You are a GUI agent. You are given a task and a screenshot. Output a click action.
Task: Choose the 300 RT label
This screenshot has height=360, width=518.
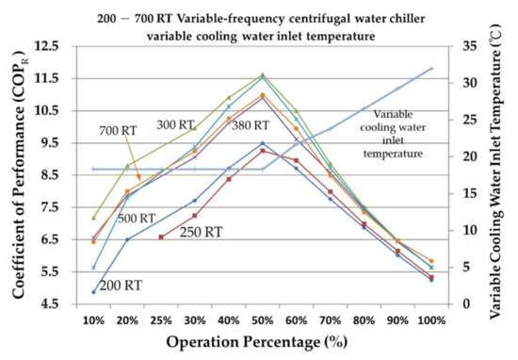coord(176,124)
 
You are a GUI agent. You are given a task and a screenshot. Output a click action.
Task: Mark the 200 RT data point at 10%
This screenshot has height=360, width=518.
coord(93,292)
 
